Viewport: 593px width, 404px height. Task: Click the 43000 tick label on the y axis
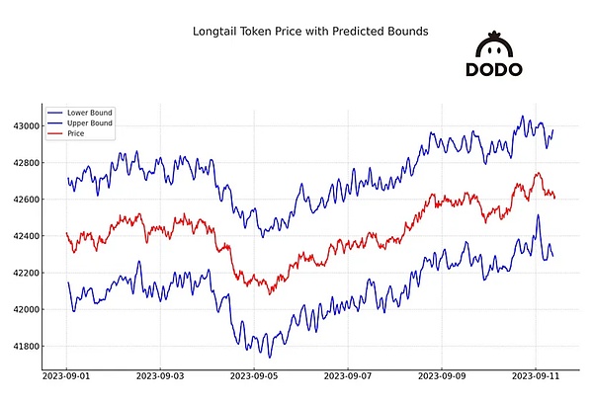click(x=25, y=126)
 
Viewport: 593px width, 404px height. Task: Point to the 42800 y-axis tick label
click(x=25, y=163)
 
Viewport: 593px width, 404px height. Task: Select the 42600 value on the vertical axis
click(x=25, y=200)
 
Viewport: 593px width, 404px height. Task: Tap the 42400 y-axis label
click(x=25, y=236)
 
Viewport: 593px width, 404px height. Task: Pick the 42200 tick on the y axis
click(x=25, y=273)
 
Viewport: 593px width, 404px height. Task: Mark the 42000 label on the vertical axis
click(x=25, y=309)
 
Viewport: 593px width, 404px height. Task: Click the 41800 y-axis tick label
click(x=25, y=346)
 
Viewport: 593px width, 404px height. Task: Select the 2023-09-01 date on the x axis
click(x=67, y=376)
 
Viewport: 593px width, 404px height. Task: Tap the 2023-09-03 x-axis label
click(x=161, y=376)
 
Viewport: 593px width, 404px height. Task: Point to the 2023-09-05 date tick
click(x=255, y=376)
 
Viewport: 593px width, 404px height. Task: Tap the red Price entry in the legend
click(x=77, y=133)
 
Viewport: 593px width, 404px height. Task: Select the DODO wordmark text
click(x=494, y=70)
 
